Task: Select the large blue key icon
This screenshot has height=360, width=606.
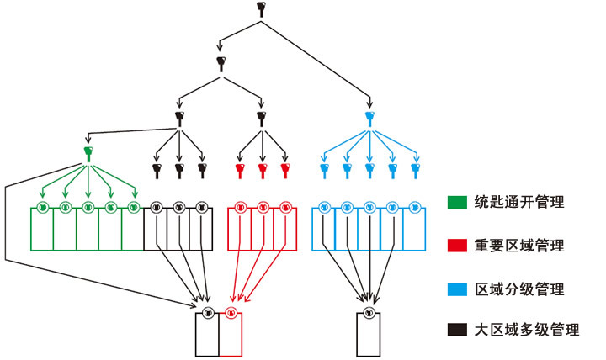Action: (x=369, y=115)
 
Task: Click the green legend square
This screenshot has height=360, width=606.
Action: (x=456, y=202)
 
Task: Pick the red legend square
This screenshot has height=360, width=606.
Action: (x=456, y=246)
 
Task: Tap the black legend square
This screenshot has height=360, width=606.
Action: (x=456, y=330)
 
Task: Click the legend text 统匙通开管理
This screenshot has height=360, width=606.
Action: (x=519, y=202)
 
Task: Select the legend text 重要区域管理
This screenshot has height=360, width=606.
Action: (x=519, y=246)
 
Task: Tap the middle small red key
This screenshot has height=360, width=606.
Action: (x=263, y=169)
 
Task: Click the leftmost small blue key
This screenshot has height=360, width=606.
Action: (x=325, y=169)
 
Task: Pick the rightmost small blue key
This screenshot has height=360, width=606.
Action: (x=415, y=169)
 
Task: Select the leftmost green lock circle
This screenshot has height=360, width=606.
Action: (x=42, y=207)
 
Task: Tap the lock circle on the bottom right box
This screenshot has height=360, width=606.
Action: (x=369, y=312)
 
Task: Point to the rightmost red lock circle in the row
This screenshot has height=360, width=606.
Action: (x=285, y=207)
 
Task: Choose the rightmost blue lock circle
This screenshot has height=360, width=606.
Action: (x=415, y=207)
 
